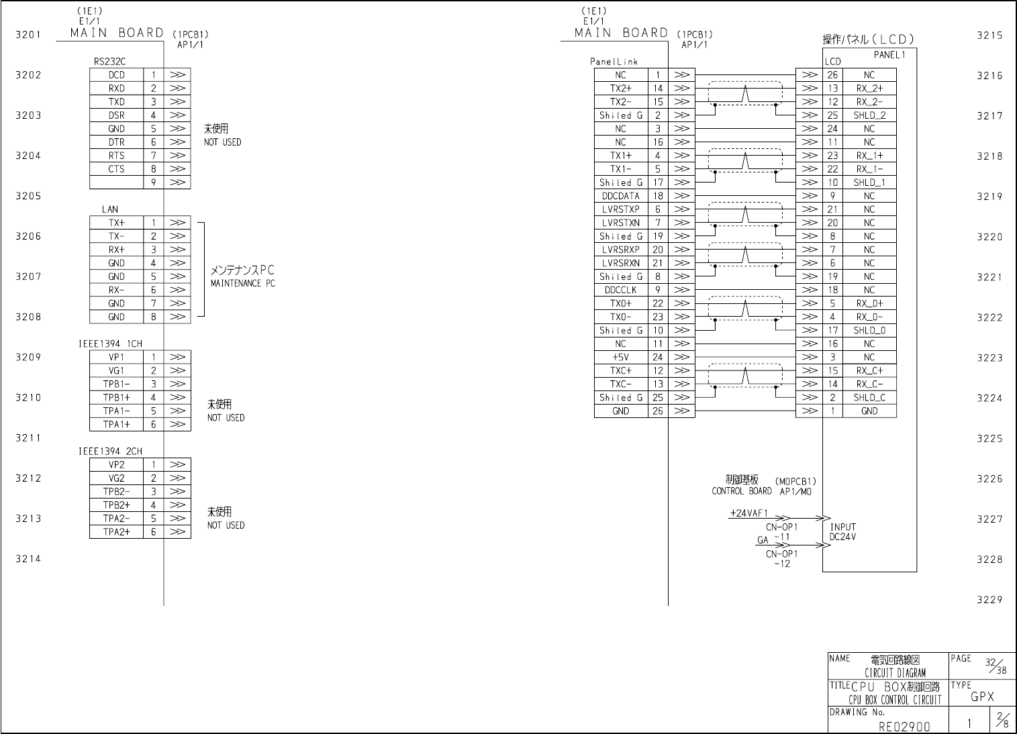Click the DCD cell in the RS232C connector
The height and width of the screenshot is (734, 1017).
click(116, 75)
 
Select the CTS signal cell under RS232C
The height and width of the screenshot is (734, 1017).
click(116, 169)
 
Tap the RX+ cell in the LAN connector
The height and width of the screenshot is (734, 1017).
click(116, 250)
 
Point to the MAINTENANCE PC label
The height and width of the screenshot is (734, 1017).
click(242, 284)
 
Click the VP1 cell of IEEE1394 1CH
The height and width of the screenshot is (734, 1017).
click(116, 358)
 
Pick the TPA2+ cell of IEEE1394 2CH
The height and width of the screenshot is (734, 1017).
click(116, 532)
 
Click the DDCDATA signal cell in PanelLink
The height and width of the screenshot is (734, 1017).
click(620, 196)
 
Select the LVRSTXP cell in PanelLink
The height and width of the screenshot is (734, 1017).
click(620, 209)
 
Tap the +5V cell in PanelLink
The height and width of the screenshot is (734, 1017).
click(620, 358)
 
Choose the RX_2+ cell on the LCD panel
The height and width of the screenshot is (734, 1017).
click(869, 89)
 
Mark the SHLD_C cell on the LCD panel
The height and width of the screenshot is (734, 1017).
click(869, 398)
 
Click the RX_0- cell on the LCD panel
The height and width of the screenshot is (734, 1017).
click(869, 317)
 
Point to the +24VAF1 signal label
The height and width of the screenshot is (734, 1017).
click(748, 513)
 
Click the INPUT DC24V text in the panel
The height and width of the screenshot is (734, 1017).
click(843, 532)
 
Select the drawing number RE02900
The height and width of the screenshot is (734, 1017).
click(904, 726)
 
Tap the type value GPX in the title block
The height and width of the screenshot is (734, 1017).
click(982, 697)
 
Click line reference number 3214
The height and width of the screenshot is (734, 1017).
click(28, 559)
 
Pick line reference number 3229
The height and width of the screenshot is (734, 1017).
click(989, 600)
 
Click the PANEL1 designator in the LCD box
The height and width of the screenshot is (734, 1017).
click(889, 55)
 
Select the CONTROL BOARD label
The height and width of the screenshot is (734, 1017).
click(741, 491)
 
